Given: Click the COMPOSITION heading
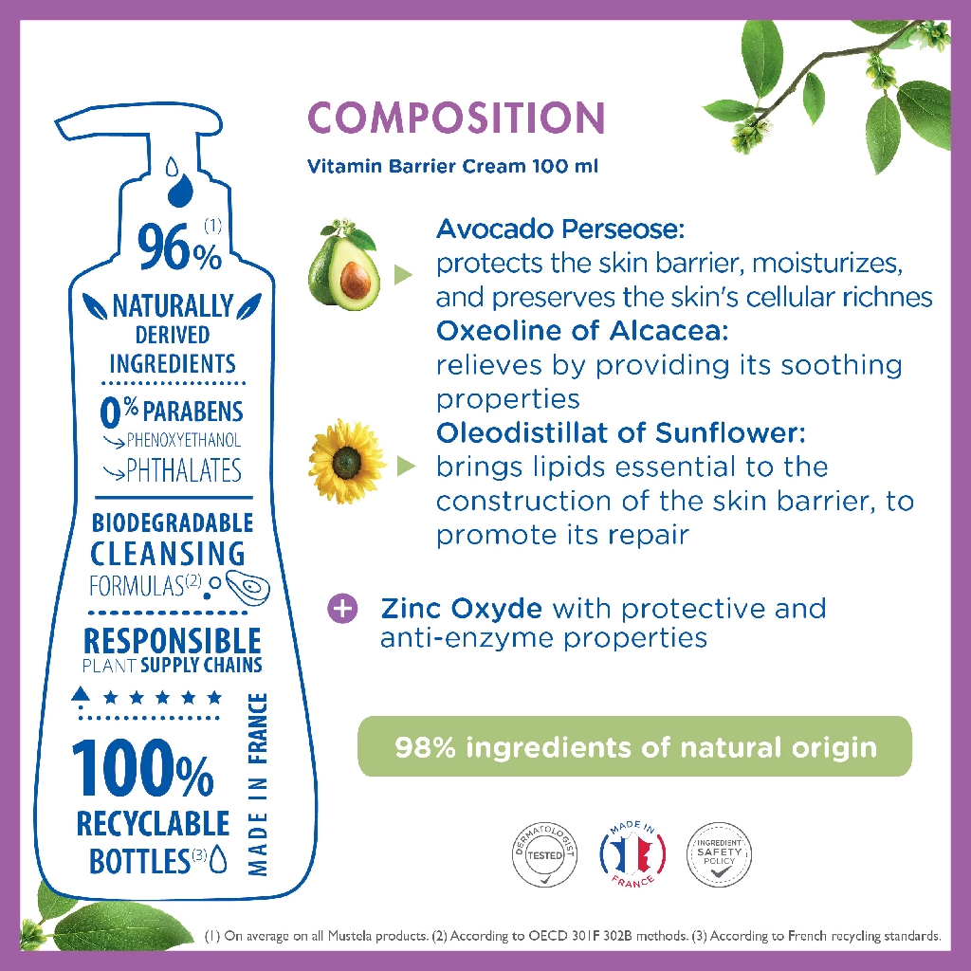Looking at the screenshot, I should (456, 119).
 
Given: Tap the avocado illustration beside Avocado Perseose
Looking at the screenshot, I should (342, 266).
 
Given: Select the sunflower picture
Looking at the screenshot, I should (346, 462).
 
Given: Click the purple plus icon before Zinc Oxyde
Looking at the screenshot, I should (342, 608).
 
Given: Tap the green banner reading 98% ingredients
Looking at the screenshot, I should (634, 746).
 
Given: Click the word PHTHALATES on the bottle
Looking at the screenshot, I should (184, 470).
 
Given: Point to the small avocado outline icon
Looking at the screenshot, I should (247, 588).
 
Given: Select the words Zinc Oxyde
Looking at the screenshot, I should (462, 608).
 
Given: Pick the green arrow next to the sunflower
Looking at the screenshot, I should (406, 467).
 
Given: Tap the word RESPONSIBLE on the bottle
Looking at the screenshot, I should (173, 640).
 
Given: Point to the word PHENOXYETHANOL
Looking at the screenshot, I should (184, 441).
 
